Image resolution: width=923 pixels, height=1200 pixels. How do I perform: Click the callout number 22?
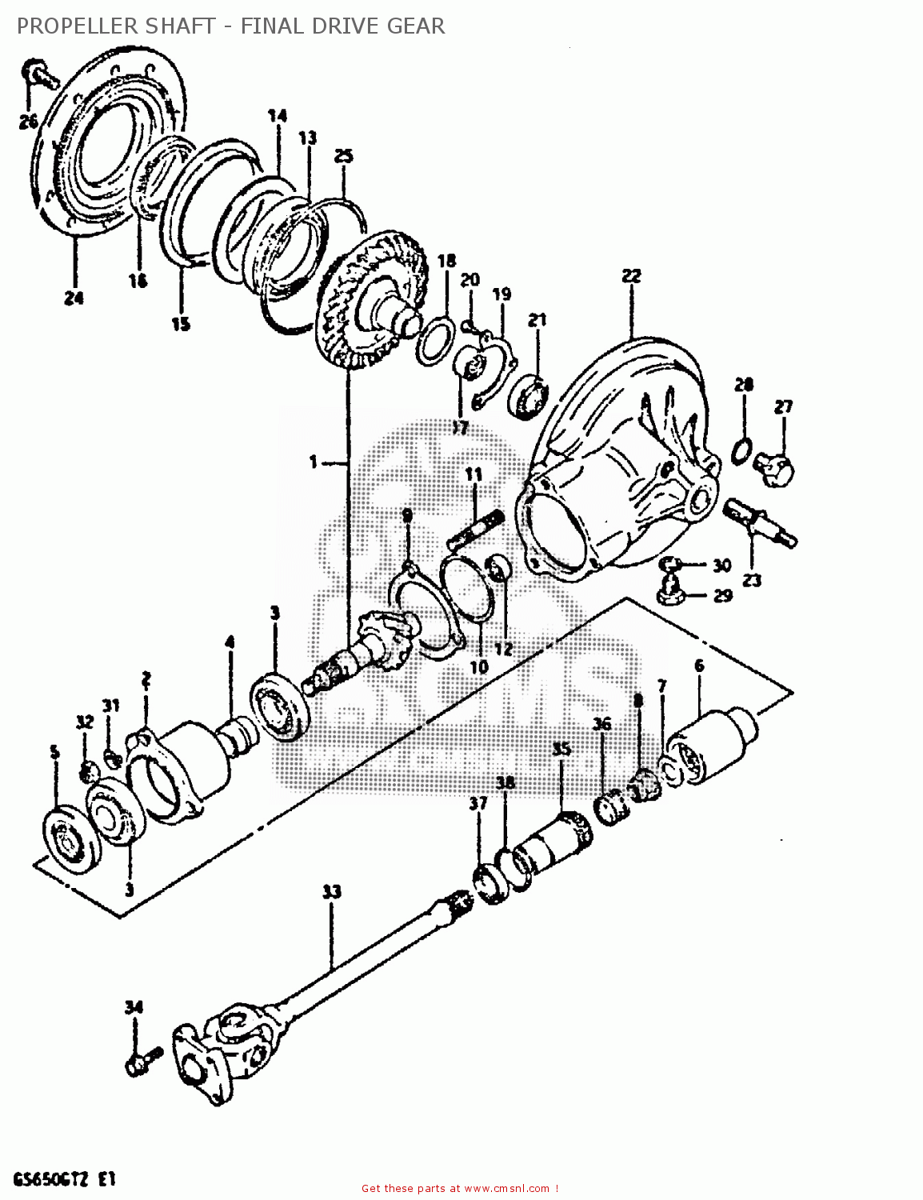[631, 276]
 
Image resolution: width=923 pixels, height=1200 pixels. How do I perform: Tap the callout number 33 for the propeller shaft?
[331, 891]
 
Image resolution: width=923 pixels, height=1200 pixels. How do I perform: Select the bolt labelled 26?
[38, 74]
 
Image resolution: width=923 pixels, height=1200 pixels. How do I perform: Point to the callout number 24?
[74, 298]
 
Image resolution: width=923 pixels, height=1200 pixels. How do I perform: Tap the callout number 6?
[699, 666]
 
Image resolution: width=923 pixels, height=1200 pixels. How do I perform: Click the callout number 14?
[277, 116]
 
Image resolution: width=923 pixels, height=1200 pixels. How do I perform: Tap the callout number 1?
[313, 462]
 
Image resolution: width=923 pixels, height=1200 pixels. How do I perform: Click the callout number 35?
[561, 750]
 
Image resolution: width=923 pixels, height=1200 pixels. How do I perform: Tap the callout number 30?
[721, 566]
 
